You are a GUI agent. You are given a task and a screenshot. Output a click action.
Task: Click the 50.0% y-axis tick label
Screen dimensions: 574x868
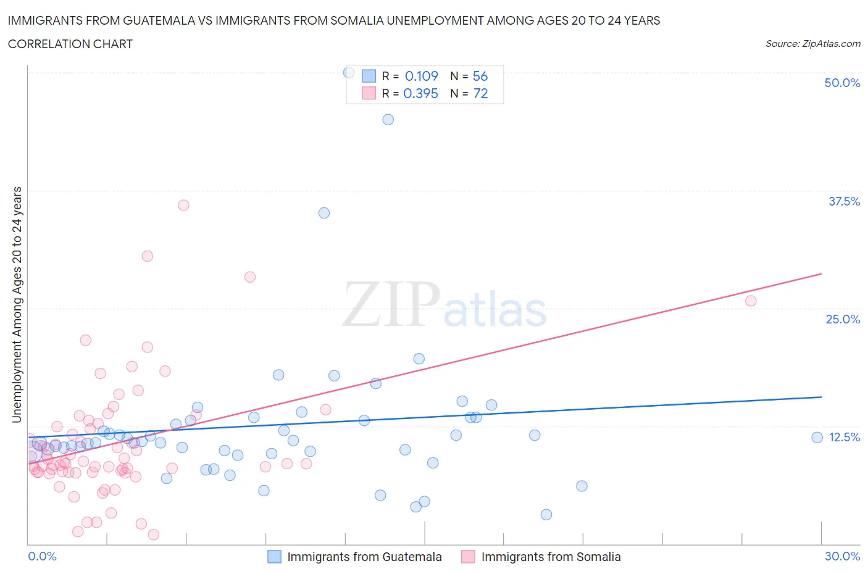pyautogui.click(x=841, y=83)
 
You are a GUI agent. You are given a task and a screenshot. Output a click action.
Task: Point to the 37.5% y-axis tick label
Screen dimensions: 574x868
pyautogui.click(x=843, y=201)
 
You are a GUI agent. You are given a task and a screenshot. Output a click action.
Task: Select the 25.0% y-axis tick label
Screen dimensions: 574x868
pyautogui.click(x=842, y=319)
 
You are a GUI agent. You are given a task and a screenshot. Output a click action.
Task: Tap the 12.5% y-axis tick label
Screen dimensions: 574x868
pyautogui.click(x=844, y=437)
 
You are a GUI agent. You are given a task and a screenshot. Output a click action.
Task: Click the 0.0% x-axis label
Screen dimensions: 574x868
pyautogui.click(x=42, y=556)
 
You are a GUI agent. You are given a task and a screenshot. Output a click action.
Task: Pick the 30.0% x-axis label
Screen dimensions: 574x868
pyautogui.click(x=842, y=556)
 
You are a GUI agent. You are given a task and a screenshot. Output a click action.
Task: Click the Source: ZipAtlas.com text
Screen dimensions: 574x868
pyautogui.click(x=812, y=44)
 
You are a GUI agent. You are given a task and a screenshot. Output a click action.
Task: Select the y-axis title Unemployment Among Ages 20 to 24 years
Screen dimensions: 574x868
pyautogui.click(x=17, y=304)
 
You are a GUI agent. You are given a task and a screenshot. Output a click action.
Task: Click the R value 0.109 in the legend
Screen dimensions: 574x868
pyautogui.click(x=421, y=76)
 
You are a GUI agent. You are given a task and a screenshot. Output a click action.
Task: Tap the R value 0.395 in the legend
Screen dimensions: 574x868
pyautogui.click(x=420, y=93)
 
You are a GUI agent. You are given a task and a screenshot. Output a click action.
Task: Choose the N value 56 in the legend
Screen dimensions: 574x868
pyautogui.click(x=480, y=76)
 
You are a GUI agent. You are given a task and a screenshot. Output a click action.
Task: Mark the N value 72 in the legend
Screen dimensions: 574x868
pyautogui.click(x=480, y=93)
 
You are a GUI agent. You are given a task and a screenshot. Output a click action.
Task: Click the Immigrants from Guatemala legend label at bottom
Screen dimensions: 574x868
pyautogui.click(x=364, y=557)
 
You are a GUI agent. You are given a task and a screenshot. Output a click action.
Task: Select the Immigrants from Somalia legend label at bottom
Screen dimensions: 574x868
pyautogui.click(x=551, y=557)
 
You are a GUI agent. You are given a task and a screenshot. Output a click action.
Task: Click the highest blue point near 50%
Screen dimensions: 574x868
pyautogui.click(x=349, y=72)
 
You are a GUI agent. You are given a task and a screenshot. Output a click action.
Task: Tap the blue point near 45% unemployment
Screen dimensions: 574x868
pyautogui.click(x=388, y=120)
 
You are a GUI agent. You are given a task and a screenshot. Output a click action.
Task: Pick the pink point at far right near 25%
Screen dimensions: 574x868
pyautogui.click(x=750, y=301)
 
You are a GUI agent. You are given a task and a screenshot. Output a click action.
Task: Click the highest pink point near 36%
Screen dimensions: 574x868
pyautogui.click(x=183, y=205)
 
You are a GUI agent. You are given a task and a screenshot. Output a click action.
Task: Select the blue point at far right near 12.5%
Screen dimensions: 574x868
pyautogui.click(x=817, y=438)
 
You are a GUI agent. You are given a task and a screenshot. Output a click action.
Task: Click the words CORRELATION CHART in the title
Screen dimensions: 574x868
pyautogui.click(x=70, y=44)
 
